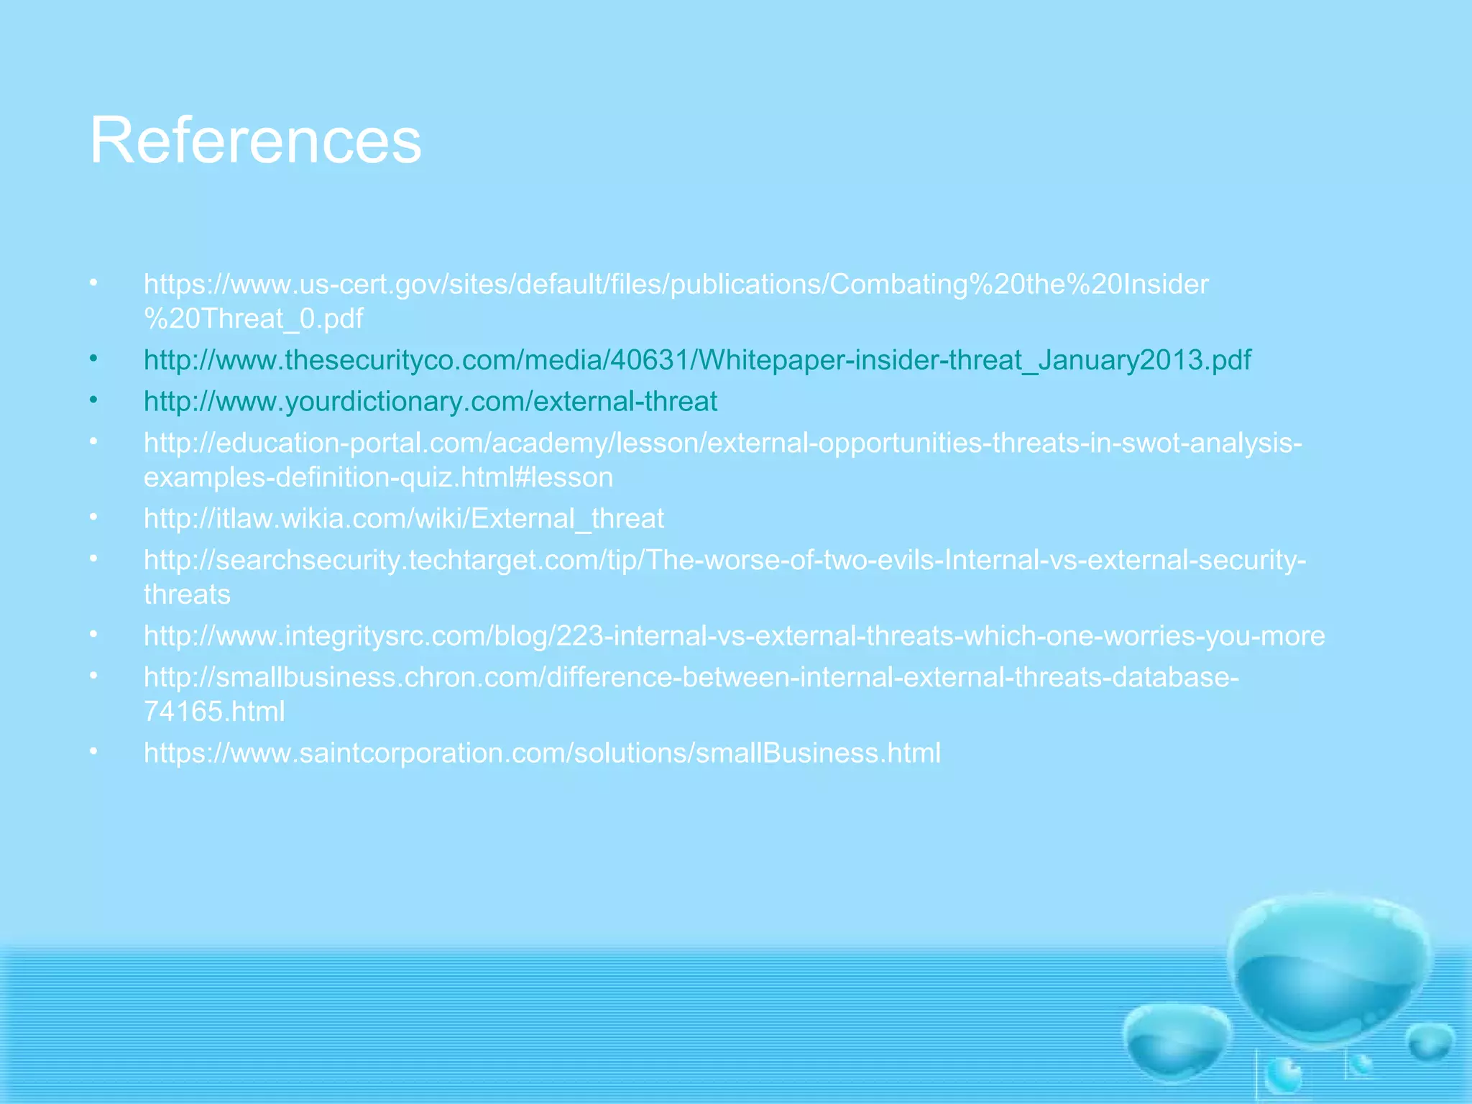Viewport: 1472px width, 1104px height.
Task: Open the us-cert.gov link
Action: [x=676, y=285]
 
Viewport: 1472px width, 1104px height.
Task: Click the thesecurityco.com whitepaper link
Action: [x=697, y=360]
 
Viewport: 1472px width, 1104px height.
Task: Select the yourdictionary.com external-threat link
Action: [x=430, y=401]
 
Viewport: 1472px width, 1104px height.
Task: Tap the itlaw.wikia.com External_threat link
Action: [x=403, y=519]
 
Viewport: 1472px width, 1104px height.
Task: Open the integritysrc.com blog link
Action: [x=733, y=636]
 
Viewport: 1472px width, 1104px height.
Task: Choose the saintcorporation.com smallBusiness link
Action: [x=542, y=753]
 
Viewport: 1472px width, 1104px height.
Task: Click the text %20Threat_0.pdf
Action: [x=253, y=318]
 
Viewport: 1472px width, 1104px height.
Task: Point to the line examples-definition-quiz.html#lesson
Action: [x=378, y=477]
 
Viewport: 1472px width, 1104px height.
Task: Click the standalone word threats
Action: [x=187, y=594]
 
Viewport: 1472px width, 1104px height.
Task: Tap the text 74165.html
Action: [x=214, y=712]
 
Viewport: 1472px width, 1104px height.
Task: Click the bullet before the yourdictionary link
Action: [x=93, y=400]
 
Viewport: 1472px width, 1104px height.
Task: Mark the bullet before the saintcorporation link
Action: [x=93, y=752]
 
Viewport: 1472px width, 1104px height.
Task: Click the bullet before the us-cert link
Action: [x=93, y=283]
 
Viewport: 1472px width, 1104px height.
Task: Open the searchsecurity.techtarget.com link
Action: [x=724, y=560]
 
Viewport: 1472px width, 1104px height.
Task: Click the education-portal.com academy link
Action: [x=722, y=443]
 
